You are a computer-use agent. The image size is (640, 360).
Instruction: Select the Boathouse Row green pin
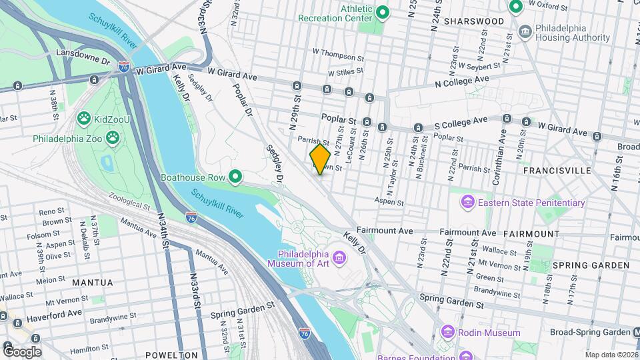point(235,177)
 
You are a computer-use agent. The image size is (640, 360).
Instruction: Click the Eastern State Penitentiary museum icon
point(468,202)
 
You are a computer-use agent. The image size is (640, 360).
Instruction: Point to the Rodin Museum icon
point(447,332)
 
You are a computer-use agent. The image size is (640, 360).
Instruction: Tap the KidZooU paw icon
point(83,119)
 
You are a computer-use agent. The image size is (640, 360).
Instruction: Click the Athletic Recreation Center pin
point(383,12)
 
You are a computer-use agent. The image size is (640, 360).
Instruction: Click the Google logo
point(22,351)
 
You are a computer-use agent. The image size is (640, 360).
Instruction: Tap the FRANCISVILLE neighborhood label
point(557,171)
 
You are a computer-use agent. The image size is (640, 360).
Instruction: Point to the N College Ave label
point(462,81)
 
